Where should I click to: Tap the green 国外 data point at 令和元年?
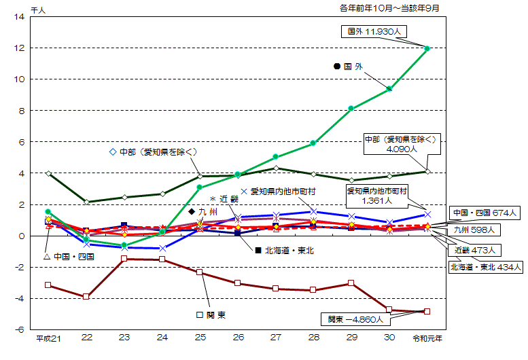(427, 48)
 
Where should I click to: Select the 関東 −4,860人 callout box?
(356, 318)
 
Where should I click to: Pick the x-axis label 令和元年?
(427, 338)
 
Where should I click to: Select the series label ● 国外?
(349, 67)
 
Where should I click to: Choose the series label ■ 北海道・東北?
(283, 250)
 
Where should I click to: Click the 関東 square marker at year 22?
(86, 297)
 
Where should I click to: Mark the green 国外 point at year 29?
(351, 108)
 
